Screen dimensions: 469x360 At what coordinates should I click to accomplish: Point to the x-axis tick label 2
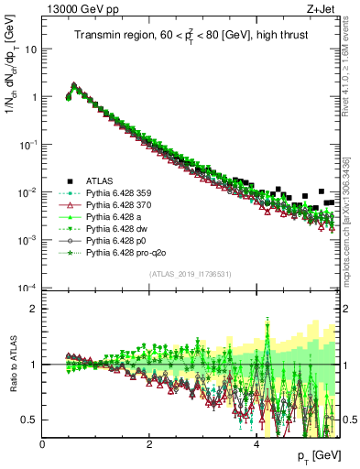click(149, 444)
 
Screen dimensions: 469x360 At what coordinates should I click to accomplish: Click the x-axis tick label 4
click(256, 444)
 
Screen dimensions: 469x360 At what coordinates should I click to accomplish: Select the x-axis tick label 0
click(42, 444)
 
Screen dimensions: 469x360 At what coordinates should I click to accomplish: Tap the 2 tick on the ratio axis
click(35, 309)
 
